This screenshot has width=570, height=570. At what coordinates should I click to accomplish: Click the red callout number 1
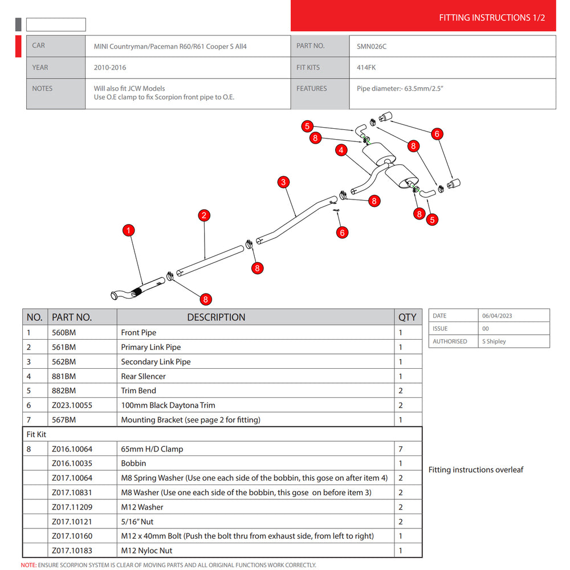[x=128, y=230]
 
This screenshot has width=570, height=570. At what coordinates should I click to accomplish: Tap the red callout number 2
[x=204, y=215]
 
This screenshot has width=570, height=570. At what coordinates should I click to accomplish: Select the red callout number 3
[x=283, y=182]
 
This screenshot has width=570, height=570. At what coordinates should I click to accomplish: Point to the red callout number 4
[x=341, y=150]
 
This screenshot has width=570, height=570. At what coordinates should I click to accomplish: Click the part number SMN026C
[x=372, y=47]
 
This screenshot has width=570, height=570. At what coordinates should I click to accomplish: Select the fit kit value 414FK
[x=366, y=67]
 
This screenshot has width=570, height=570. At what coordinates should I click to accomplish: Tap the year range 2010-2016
[x=110, y=67]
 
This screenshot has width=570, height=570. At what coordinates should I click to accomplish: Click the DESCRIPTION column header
[x=216, y=317]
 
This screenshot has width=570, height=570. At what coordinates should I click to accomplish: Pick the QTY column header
[x=407, y=317]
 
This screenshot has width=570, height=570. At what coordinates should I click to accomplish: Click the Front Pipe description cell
[x=139, y=332]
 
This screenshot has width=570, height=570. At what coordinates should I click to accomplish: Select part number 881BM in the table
[x=64, y=376]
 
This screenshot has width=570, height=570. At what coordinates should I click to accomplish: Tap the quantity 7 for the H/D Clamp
[x=401, y=449]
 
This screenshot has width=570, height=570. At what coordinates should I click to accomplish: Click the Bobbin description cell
[x=133, y=463]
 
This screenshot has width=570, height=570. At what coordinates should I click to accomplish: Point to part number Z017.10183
[x=72, y=551]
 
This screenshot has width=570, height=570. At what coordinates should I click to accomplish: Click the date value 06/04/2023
[x=497, y=316]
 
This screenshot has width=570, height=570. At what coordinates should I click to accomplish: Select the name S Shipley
[x=494, y=341]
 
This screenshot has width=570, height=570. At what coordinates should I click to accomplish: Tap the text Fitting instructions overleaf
[x=476, y=470]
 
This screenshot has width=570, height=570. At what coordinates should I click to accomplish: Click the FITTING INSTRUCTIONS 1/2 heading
[x=492, y=18]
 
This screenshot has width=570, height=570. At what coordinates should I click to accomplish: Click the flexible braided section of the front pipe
[x=137, y=291]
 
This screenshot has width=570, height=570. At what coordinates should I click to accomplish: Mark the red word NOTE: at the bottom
[x=28, y=565]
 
